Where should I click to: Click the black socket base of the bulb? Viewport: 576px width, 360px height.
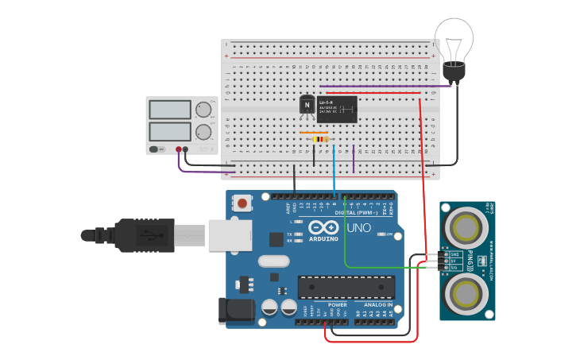coord(454,72)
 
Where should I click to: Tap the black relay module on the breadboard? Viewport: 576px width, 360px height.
coord(337,110)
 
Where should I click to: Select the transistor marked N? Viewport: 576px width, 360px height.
coord(307,105)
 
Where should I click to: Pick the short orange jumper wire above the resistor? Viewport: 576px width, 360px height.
coord(314,133)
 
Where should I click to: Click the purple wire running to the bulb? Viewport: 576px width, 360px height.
coord(381,86)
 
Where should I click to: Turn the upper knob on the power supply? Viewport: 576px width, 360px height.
coord(204,110)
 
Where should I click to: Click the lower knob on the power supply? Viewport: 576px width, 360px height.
coord(204,131)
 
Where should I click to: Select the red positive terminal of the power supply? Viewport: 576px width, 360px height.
coord(179,149)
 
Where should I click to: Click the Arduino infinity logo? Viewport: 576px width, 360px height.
coord(323,228)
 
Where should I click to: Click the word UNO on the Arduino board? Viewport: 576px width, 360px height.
coord(359,228)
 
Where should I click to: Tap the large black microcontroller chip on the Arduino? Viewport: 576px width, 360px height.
coord(346,287)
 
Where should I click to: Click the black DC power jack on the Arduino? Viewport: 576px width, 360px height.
coord(236,311)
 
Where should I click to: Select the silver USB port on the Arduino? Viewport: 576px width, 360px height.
coord(230,235)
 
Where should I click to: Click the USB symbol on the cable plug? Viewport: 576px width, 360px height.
coord(145,235)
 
